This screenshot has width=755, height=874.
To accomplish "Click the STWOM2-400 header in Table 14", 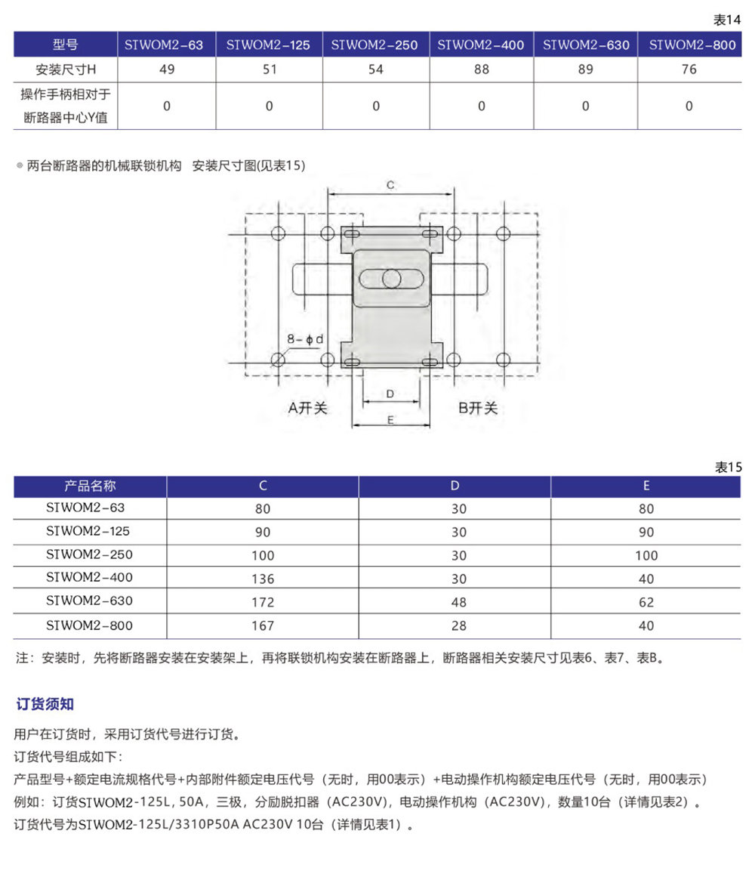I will coord(481,45).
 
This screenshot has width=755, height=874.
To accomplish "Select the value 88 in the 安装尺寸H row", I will coord(481,69).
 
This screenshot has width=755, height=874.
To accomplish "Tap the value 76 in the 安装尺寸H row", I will coord(689,69).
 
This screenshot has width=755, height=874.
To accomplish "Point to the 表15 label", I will coord(728,467).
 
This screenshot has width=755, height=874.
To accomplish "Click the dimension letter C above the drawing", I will coord(390,185).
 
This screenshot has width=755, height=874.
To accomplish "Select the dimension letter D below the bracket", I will coord(390,394).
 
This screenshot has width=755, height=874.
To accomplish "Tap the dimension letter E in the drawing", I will coord(390,421).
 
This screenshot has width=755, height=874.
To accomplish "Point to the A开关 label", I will coord(308,408).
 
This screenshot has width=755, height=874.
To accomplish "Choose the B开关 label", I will coord(479,408).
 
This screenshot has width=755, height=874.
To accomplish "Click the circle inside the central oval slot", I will coord(391,279).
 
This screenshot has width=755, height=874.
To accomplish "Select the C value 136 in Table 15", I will coord(263,579).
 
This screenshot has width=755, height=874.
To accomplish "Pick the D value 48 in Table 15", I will coord(458,603).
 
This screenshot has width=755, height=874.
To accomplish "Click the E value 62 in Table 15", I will coord(646,603).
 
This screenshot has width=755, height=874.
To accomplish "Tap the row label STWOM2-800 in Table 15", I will coord(89,625).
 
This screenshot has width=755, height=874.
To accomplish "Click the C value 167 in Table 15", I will coord(263,626).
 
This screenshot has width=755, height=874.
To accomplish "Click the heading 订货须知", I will coord(45,705).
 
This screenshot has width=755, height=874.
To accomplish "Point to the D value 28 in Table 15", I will coord(458,626).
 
